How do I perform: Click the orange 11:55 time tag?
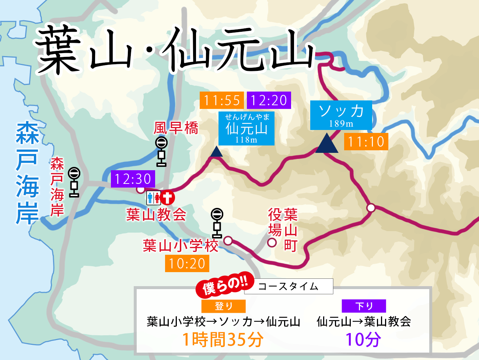221,100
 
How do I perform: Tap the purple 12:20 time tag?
269,100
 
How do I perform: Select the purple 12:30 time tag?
133,179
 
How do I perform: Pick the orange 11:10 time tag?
366,141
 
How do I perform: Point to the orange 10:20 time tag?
187,264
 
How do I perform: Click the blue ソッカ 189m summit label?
341,115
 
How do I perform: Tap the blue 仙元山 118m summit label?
246,128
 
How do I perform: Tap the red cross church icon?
167,198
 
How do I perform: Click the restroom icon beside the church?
153,198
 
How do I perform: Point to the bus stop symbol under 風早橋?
161,151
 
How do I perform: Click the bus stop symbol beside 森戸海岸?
74,182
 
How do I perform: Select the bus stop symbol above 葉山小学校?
217,223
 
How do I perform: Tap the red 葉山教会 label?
156,215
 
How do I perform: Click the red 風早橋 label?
176,128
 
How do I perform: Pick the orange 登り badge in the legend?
223,306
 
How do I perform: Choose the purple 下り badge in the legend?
364,306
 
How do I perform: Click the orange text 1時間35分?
223,339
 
